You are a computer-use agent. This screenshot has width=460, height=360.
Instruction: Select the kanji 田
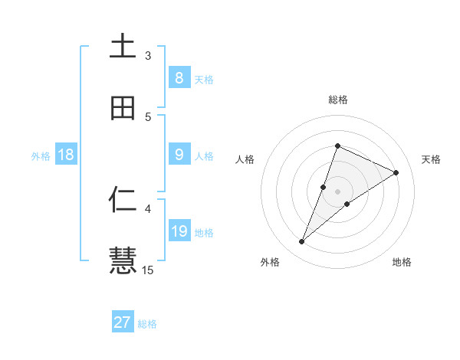[x=123, y=108]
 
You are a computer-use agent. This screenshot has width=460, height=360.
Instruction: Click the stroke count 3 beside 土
[x=149, y=55]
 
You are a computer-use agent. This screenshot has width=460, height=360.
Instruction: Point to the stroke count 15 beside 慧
[x=148, y=270]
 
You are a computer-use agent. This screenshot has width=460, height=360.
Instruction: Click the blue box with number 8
[x=179, y=78]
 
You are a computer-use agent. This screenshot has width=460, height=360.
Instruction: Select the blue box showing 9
[x=179, y=155]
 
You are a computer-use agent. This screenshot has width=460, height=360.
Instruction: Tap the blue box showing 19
[x=179, y=231]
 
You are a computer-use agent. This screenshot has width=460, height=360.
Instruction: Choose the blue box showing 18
[x=66, y=155]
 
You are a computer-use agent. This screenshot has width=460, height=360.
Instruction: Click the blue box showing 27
[x=123, y=322]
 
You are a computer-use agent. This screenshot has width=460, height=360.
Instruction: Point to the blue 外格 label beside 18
[x=41, y=156]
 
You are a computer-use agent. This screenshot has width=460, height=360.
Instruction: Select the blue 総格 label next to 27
[x=147, y=324]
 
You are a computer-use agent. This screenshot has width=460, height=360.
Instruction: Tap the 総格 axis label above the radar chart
[x=337, y=100]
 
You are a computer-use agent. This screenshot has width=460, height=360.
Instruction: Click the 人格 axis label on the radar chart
[x=245, y=159]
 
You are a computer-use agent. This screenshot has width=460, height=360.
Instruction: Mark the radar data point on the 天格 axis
[x=396, y=172]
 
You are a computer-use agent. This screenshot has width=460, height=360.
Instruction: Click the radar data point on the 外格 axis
[x=302, y=242]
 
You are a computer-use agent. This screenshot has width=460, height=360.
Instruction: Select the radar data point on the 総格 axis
[x=337, y=146]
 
